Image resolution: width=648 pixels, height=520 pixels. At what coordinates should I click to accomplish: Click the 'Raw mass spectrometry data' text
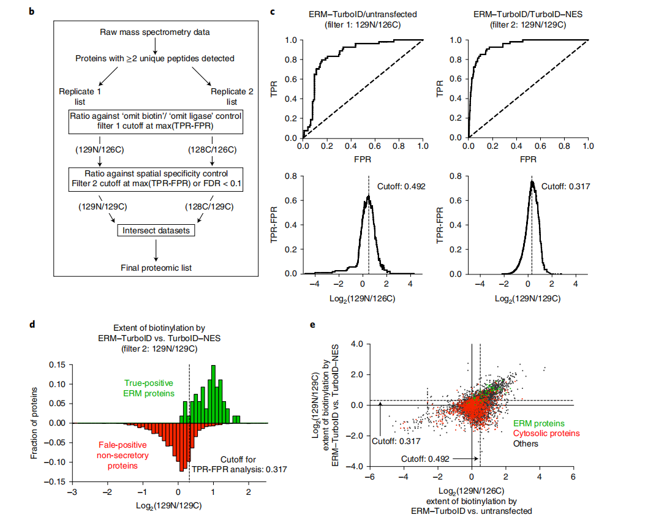pos(155,31)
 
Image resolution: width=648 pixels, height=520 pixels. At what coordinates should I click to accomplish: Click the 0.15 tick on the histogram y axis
pos(57,365)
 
